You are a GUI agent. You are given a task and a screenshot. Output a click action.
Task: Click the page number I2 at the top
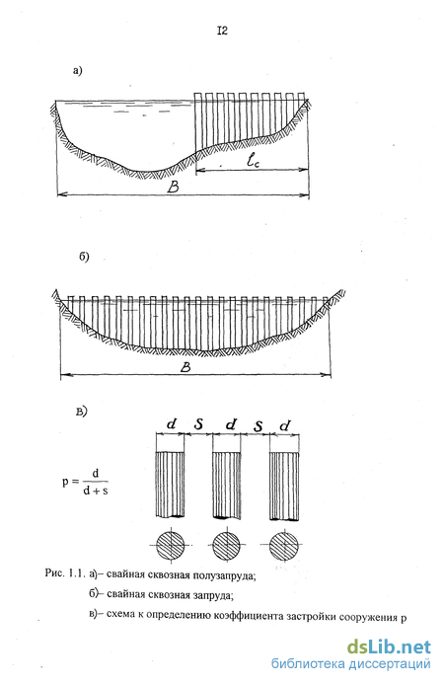[x=222, y=31]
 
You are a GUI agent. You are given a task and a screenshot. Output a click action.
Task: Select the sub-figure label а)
[x=78, y=71]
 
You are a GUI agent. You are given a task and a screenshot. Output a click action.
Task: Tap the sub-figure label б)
[x=84, y=257]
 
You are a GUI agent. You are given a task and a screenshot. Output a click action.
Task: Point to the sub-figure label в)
[x=82, y=411]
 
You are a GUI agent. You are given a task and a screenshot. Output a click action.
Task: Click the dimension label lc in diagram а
[x=253, y=161]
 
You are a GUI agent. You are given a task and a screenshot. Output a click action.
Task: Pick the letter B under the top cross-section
[x=173, y=188]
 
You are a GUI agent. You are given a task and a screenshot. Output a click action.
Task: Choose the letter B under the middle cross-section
[x=185, y=368]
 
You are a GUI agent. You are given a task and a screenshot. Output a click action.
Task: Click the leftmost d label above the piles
[x=172, y=423]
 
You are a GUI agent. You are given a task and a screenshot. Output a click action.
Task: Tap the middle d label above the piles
[x=231, y=423]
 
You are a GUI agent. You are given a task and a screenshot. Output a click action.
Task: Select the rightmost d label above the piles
[x=285, y=424]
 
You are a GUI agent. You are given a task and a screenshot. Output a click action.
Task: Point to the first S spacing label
[x=198, y=424]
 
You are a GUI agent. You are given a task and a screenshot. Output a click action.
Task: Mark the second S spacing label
[x=259, y=425]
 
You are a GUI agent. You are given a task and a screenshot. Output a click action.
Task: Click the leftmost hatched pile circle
[x=171, y=545]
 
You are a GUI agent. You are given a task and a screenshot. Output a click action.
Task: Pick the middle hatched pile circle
[x=226, y=545]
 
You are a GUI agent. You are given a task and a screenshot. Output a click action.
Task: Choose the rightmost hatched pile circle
[x=283, y=546]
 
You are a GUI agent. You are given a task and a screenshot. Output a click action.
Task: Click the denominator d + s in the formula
[x=96, y=491]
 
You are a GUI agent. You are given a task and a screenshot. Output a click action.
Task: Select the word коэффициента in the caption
[x=249, y=616]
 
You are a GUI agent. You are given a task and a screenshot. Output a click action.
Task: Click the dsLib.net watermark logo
[x=389, y=646]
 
